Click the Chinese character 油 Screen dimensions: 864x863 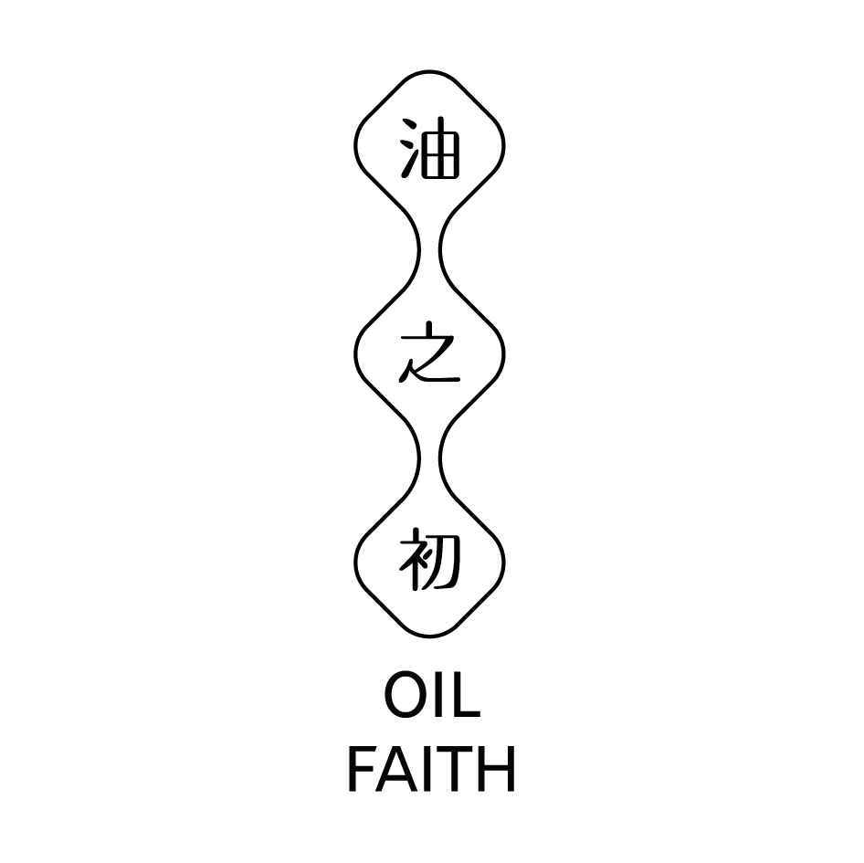tap(430, 148)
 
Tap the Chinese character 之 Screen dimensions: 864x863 tap(429, 352)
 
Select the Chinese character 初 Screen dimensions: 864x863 tap(429, 559)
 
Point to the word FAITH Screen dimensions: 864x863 tap(431, 769)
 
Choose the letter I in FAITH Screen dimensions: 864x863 tap(429, 769)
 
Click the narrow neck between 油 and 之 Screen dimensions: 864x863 tap(430, 249)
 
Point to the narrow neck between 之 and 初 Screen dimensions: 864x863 tap(430, 458)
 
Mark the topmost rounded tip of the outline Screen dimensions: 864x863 tap(430, 71)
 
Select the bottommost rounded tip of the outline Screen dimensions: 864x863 tap(430, 636)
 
